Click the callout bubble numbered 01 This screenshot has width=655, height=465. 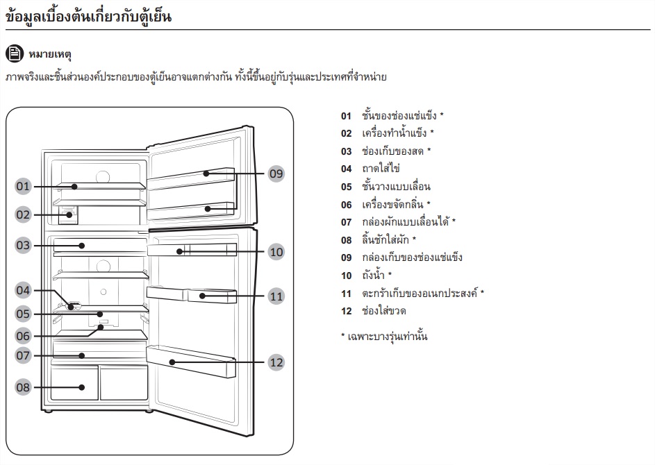[24, 186]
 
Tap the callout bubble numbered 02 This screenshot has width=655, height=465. [24, 214]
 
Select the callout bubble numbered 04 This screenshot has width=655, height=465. [24, 290]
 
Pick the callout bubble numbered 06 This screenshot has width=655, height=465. [24, 336]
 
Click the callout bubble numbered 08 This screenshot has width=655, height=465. [24, 387]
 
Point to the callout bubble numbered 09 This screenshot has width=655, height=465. [276, 174]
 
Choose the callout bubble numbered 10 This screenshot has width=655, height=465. [276, 252]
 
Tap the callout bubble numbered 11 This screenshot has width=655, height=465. [276, 296]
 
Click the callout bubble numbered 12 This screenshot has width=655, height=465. [276, 362]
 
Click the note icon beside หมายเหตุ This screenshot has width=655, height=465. [15, 53]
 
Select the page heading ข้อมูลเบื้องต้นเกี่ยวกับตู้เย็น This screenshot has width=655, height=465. [88, 16]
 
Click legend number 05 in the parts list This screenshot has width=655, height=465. [347, 187]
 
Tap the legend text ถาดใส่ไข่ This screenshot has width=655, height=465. [381, 168]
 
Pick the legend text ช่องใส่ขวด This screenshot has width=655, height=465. [384, 310]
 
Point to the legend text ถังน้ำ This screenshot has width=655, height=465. [373, 275]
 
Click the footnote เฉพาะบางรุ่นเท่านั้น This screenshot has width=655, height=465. [388, 336]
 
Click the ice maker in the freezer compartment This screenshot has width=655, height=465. [68, 214]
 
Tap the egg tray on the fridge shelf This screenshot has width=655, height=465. [74, 306]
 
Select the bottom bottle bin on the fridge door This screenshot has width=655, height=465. [191, 361]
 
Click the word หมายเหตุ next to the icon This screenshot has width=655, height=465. [50, 54]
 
